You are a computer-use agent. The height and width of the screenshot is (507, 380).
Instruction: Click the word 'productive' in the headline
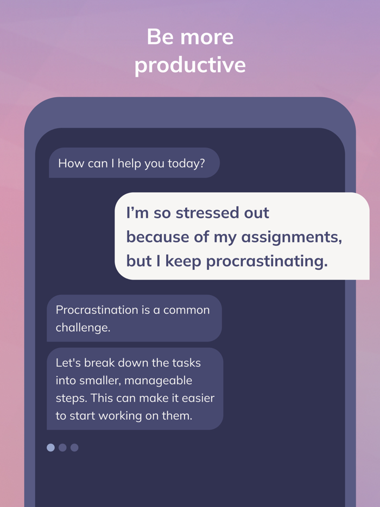(x=190, y=66)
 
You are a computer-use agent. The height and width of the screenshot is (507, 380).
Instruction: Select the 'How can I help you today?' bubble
(x=134, y=163)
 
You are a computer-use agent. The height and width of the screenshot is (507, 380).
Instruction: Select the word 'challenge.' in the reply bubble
(x=83, y=327)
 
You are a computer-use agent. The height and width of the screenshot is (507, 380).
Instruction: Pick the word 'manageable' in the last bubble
(x=161, y=381)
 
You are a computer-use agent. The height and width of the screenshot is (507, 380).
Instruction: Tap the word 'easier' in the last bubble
(x=196, y=398)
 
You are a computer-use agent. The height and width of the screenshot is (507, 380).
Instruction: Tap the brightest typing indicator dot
(x=50, y=447)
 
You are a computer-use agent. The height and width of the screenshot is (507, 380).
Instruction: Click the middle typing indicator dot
(x=62, y=447)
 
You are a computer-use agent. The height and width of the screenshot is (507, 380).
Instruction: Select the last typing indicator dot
(x=74, y=447)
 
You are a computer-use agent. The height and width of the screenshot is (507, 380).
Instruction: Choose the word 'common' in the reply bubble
(x=186, y=310)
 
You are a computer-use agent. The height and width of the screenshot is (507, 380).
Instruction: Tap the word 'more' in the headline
(x=207, y=37)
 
